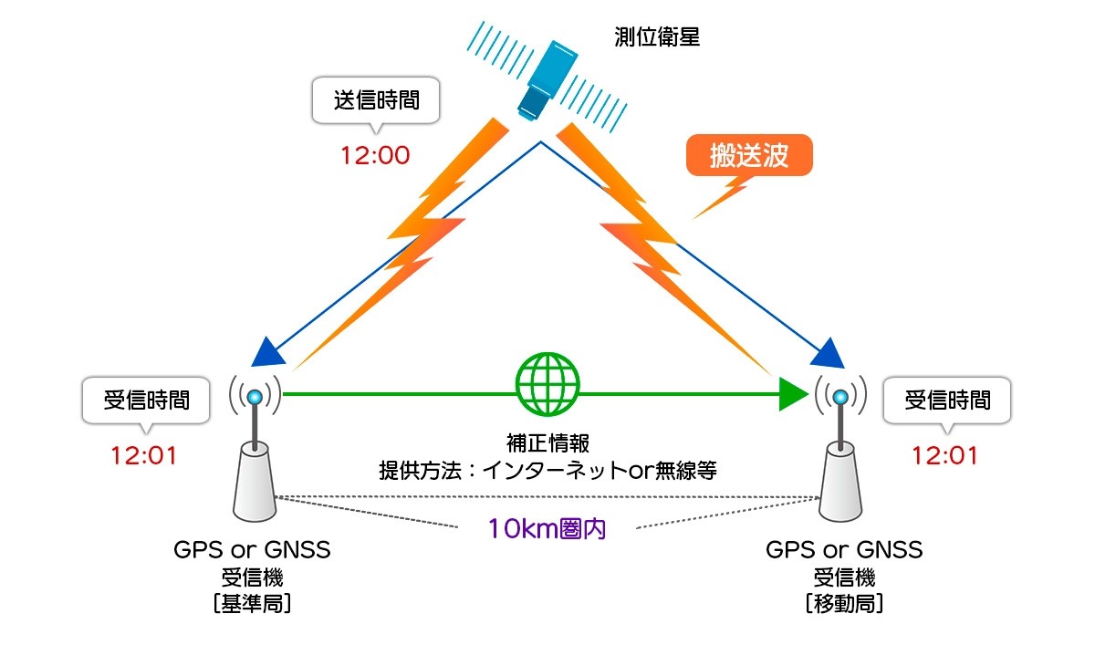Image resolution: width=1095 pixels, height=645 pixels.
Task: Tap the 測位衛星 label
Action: click(x=658, y=38)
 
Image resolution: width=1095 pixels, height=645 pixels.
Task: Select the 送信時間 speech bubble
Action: click(x=376, y=99)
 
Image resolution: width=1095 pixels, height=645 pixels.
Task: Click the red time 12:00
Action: click(x=375, y=155)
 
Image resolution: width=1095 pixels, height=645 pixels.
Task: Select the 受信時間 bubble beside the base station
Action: click(x=147, y=400)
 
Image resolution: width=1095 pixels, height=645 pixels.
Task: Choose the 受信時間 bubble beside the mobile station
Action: click(x=947, y=400)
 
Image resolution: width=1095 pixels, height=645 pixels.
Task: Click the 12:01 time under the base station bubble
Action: click(x=143, y=453)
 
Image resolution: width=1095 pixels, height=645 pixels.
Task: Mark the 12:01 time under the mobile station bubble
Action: click(x=945, y=453)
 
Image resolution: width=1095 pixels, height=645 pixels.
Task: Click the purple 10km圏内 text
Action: click(x=547, y=528)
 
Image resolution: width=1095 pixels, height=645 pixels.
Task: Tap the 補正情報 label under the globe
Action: click(x=547, y=444)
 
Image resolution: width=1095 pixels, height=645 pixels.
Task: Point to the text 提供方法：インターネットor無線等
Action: click(x=547, y=471)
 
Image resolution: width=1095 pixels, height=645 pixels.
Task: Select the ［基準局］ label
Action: click(x=251, y=603)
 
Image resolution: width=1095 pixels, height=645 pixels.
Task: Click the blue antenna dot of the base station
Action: click(x=255, y=396)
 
